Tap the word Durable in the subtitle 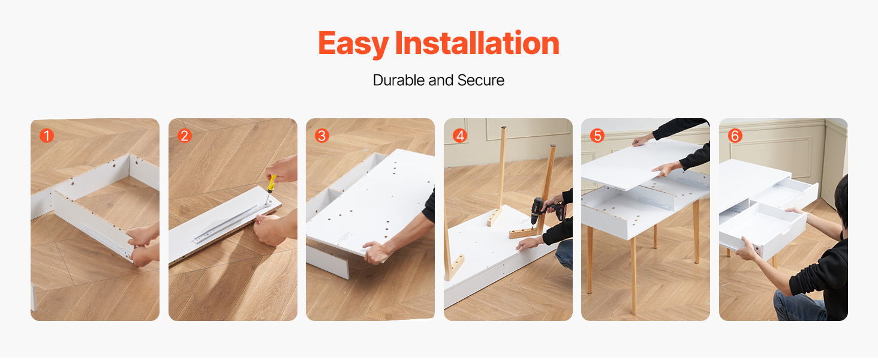[x=399, y=80]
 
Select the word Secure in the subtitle [x=481, y=80]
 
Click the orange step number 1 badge [x=47, y=136]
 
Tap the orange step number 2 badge [x=184, y=136]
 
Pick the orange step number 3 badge [x=322, y=136]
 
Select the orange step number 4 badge [x=460, y=136]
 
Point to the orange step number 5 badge [x=597, y=136]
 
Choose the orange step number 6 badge [x=735, y=136]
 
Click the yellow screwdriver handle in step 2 [x=272, y=184]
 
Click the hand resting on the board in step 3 [x=375, y=252]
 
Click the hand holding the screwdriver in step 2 [x=282, y=169]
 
